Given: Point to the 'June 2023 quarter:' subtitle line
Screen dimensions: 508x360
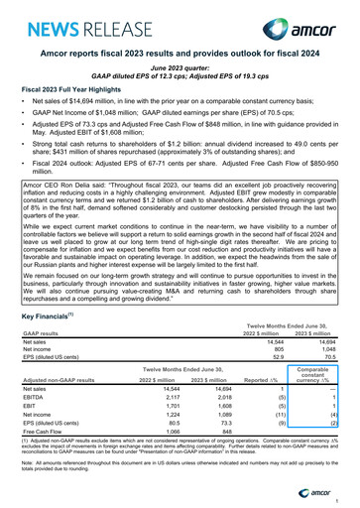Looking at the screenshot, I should pos(180,66).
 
